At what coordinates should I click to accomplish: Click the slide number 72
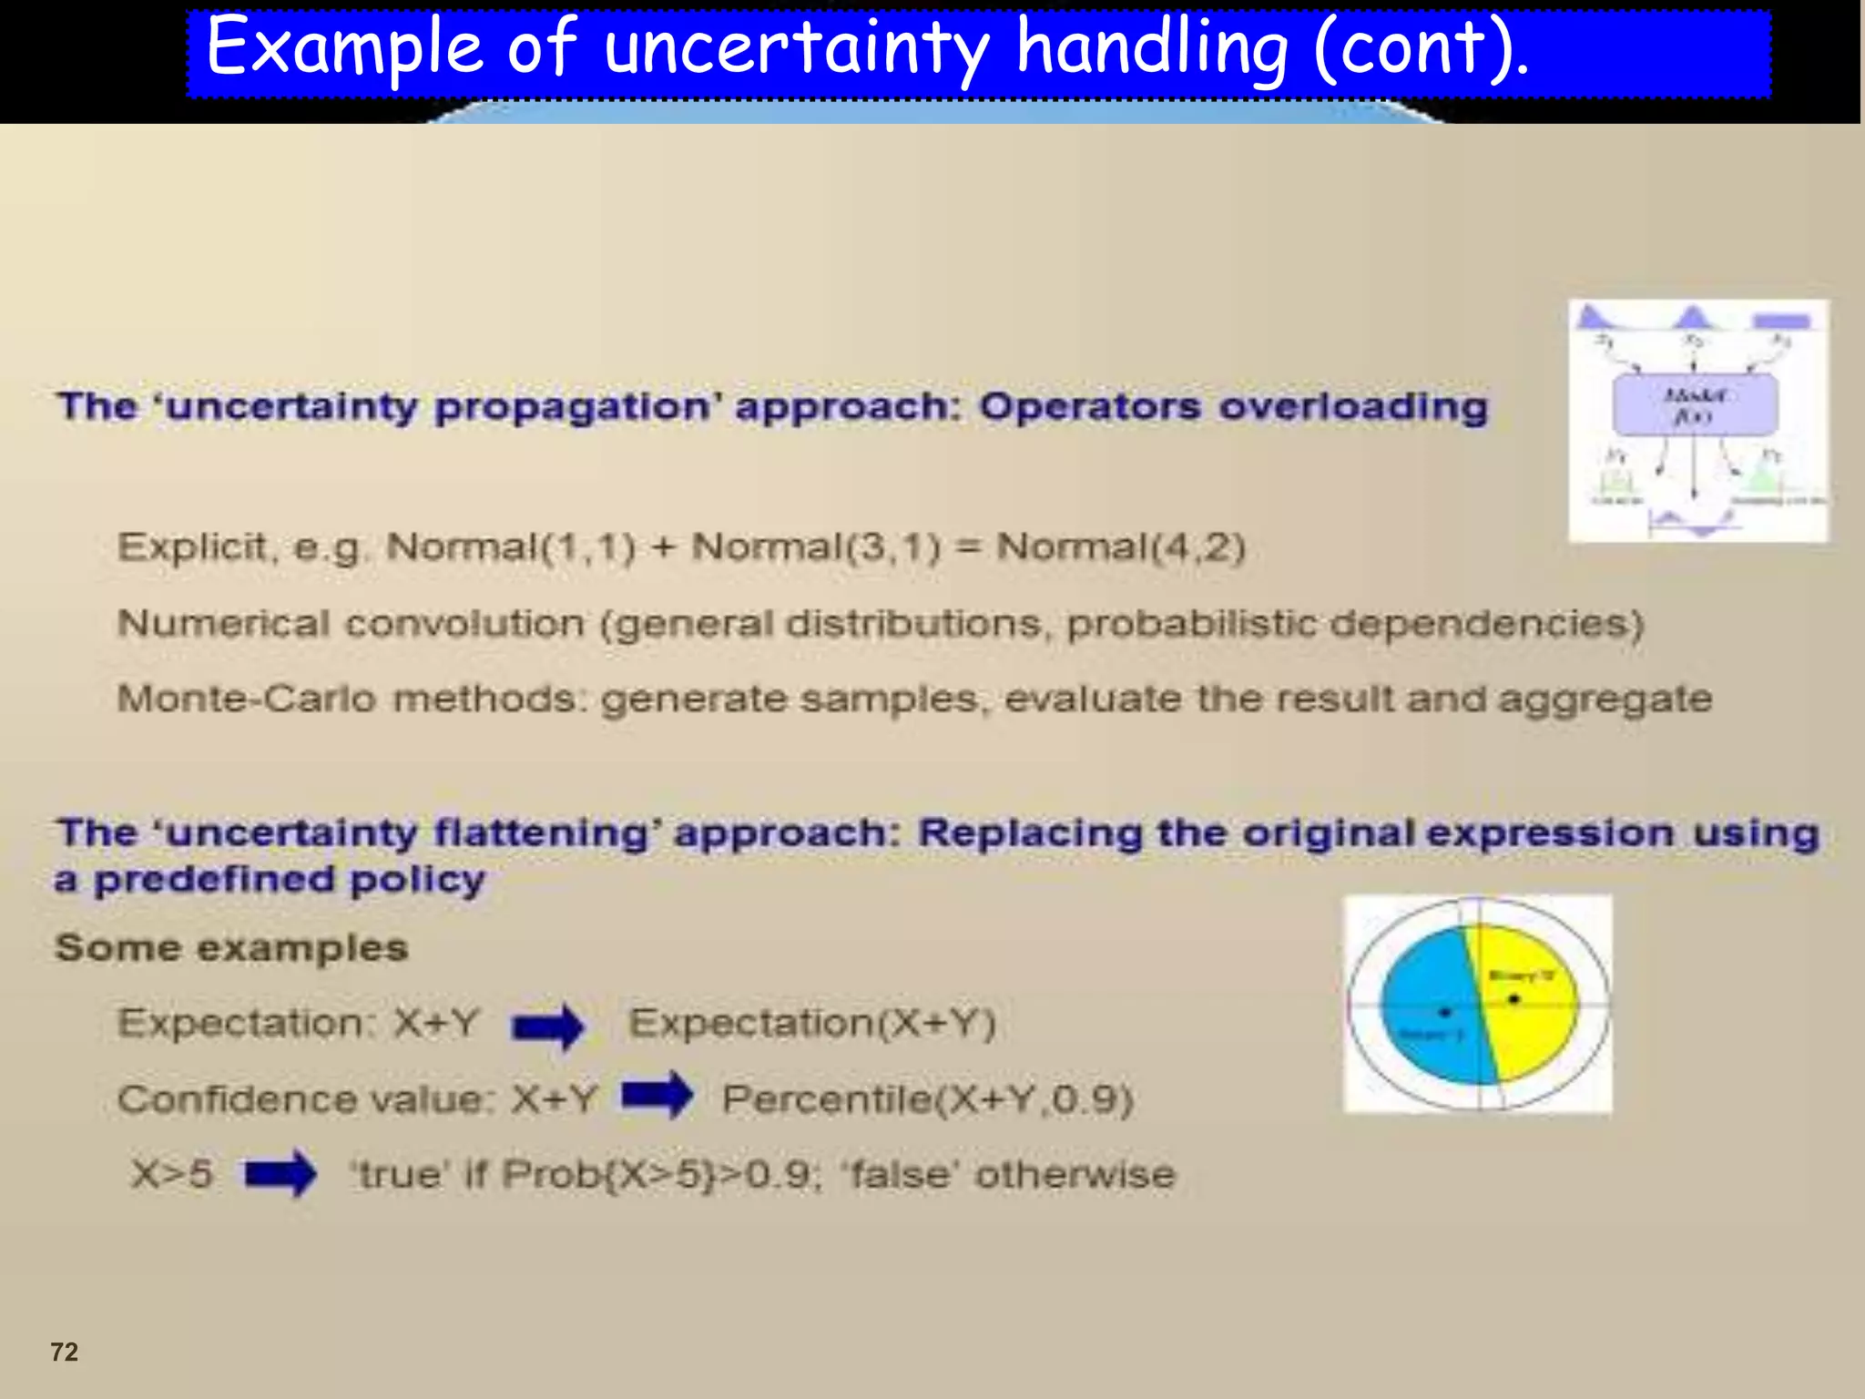click(64, 1351)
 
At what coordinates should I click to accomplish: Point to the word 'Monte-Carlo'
click(246, 699)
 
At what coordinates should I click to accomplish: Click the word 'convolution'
click(464, 624)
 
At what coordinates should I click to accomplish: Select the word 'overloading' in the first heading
click(1353, 406)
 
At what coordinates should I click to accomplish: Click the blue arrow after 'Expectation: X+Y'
click(548, 1027)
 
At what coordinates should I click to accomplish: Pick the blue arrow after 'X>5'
click(280, 1173)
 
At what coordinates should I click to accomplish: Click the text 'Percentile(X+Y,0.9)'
click(927, 1099)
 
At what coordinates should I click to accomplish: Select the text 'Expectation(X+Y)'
click(812, 1023)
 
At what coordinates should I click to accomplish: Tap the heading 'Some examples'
click(231, 947)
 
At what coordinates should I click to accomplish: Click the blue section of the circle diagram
click(1430, 1002)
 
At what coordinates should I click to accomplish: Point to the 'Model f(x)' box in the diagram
click(1694, 404)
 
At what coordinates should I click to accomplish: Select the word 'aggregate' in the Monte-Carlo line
click(1605, 699)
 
